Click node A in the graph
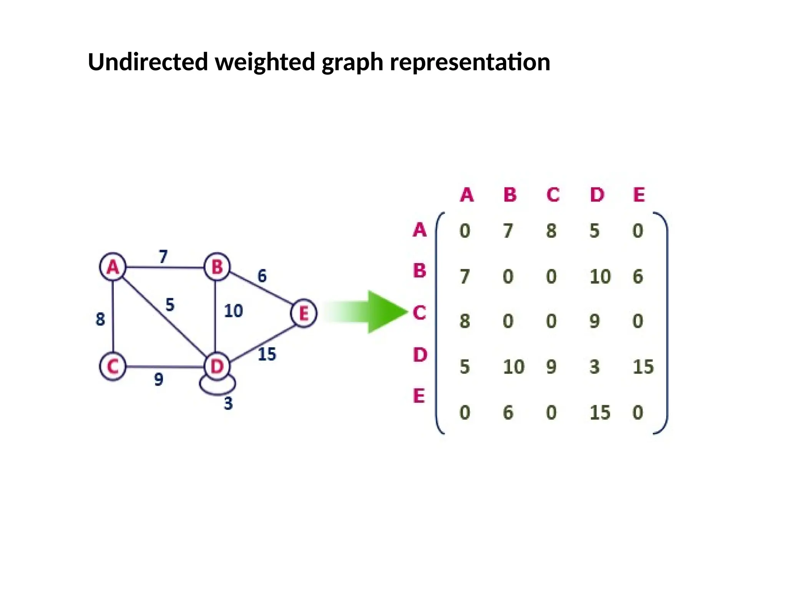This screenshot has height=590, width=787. click(113, 267)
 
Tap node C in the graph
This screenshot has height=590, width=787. click(113, 366)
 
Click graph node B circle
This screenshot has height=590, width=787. click(217, 267)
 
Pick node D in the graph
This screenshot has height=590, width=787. click(217, 366)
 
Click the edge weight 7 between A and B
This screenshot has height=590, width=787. click(163, 256)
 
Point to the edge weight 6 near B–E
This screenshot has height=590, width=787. click(262, 276)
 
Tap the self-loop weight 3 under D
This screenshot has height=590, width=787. click(228, 403)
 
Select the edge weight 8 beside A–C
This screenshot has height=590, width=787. click(100, 319)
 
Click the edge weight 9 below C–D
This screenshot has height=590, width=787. click(159, 380)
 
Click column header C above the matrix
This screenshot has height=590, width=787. click(553, 195)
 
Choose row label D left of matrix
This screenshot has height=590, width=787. click(420, 355)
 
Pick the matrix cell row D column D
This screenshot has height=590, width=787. click(594, 366)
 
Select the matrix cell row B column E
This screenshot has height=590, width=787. click(638, 276)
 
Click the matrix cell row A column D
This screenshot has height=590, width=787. click(594, 230)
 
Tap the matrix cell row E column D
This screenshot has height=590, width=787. click(600, 412)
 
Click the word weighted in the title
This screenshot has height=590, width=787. click(266, 62)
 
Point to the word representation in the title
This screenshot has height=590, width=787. click(470, 62)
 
